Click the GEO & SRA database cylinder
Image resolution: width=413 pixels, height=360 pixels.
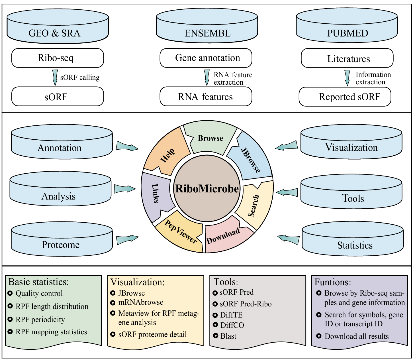pyautogui.click(x=58, y=27)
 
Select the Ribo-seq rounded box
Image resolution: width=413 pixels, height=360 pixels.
pyautogui.click(x=58, y=58)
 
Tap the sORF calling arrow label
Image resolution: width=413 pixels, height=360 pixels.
pyautogui.click(x=80, y=78)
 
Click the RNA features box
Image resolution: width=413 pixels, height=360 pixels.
pyautogui.click(x=206, y=97)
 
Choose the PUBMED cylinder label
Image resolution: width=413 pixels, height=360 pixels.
pyautogui.click(x=347, y=33)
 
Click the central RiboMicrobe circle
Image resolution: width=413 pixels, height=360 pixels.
pyautogui.click(x=207, y=189)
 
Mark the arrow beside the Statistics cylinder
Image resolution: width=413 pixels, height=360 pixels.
pyautogui.click(x=288, y=239)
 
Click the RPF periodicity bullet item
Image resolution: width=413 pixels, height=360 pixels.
pyautogui.click(x=40, y=320)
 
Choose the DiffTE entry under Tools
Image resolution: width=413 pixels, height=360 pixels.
pyautogui.click(x=231, y=315)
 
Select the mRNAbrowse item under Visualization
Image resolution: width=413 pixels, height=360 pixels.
pyautogui.click(x=141, y=302)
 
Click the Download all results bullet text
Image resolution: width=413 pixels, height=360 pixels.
pyautogui.click(x=357, y=336)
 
